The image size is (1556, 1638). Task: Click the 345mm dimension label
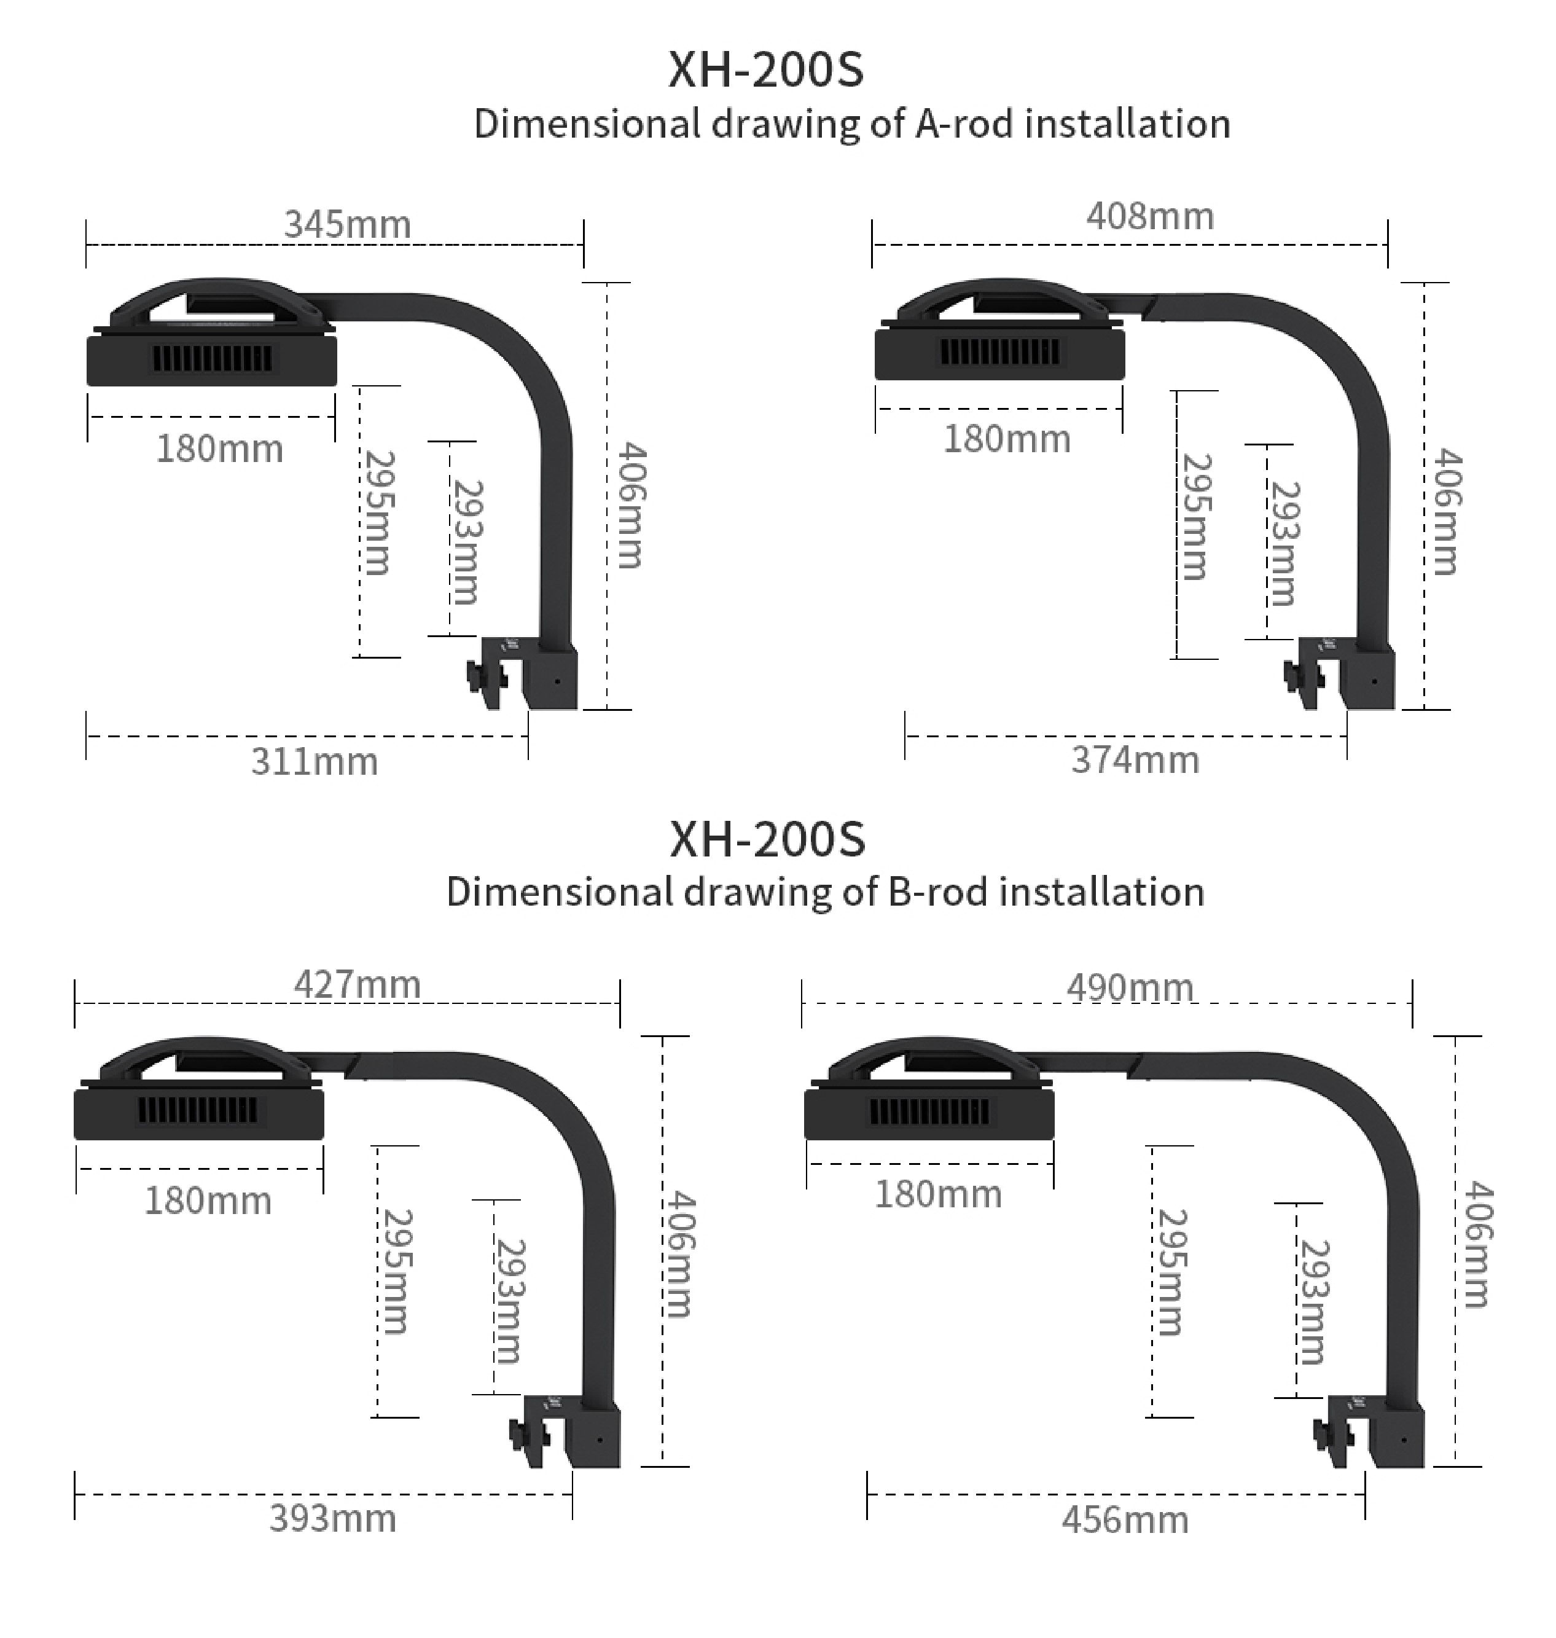point(348,225)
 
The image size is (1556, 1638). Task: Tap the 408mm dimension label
point(1151,216)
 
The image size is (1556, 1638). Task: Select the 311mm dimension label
point(315,761)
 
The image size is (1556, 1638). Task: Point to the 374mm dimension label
point(1135,759)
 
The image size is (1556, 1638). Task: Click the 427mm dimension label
point(358,984)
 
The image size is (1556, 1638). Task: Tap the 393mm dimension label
point(332,1519)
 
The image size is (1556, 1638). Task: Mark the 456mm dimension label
point(1125,1520)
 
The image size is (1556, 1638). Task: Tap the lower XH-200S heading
point(767,839)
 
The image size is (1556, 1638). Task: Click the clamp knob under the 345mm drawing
point(477,676)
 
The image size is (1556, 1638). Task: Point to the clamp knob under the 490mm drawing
point(1324,1434)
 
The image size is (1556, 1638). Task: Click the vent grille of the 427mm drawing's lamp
point(197,1110)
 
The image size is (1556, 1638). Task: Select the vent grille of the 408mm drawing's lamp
point(999,351)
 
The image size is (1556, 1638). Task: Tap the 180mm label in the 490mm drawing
point(938,1194)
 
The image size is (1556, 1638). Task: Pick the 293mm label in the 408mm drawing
point(1284,544)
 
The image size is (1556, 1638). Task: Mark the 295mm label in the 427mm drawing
point(396,1271)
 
